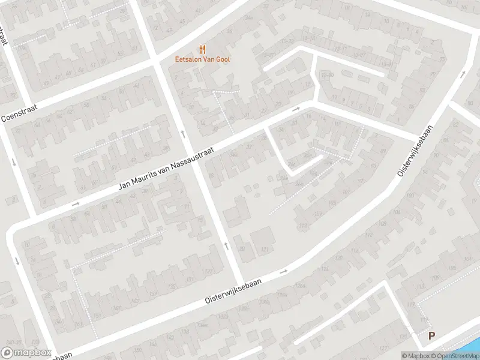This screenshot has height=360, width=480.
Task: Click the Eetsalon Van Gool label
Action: click(x=202, y=59)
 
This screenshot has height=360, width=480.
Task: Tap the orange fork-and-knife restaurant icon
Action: click(x=202, y=50)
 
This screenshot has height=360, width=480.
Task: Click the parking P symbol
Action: click(x=431, y=336)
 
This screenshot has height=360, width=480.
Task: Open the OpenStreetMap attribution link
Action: click(x=457, y=356)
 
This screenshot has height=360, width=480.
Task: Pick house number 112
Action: click(x=368, y=235)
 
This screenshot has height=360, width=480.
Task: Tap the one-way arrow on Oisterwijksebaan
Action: click(x=284, y=271)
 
